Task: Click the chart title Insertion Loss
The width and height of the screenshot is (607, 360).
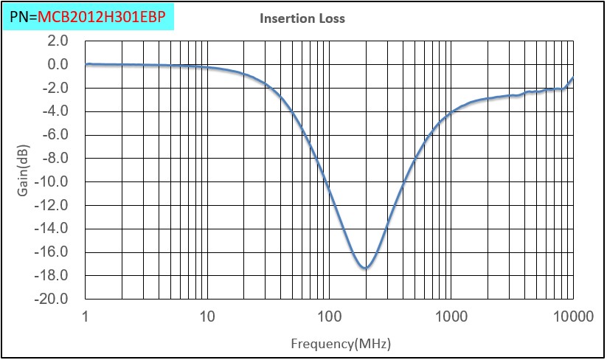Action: pyautogui.click(x=302, y=18)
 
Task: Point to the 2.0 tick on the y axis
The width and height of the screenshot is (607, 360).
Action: pyautogui.click(x=58, y=41)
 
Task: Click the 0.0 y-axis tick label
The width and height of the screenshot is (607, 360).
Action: pyautogui.click(x=58, y=65)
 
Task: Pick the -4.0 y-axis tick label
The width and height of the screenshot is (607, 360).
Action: pyautogui.click(x=56, y=111)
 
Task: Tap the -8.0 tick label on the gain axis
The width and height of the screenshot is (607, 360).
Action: pyautogui.click(x=56, y=159)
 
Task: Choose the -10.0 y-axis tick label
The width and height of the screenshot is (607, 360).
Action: pyautogui.click(x=53, y=181)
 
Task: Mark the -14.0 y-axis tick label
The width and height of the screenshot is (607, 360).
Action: pyautogui.click(x=53, y=229)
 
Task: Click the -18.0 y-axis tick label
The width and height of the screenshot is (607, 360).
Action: pyautogui.click(x=53, y=275)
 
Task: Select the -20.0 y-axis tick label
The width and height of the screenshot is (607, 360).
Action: pyautogui.click(x=53, y=299)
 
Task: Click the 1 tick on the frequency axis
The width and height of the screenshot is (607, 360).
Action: pyautogui.click(x=86, y=317)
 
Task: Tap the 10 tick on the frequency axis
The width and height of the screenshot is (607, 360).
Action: pyautogui.click(x=207, y=317)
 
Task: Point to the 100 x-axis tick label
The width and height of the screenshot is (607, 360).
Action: pyautogui.click(x=329, y=317)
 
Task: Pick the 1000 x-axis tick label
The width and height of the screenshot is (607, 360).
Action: pyautogui.click(x=451, y=317)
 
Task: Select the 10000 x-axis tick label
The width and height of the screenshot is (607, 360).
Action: pyautogui.click(x=572, y=317)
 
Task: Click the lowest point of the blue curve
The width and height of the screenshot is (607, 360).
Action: pyautogui.click(x=365, y=268)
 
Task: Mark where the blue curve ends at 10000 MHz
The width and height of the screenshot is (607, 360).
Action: pyautogui.click(x=573, y=77)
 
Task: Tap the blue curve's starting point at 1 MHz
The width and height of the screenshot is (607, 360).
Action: pyautogui.click(x=86, y=64)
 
